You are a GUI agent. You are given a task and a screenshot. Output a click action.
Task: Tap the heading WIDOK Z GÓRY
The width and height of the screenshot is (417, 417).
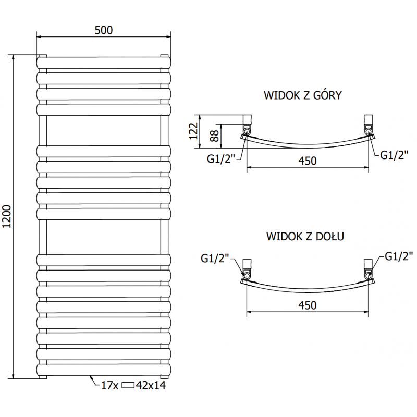[303, 95]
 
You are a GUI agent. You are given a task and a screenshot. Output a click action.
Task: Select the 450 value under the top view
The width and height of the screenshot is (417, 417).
[308, 161]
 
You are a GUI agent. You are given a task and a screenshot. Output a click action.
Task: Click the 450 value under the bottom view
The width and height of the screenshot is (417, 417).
[308, 305]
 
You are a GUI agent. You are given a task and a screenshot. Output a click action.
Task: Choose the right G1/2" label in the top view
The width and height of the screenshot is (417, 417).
[393, 155]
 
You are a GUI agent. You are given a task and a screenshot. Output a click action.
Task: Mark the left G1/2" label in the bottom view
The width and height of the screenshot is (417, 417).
[215, 258]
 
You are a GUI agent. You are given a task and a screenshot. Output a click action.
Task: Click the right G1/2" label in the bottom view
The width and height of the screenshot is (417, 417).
[399, 255]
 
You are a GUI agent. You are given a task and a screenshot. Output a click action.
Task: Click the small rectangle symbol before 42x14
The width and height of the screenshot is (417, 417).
[128, 386]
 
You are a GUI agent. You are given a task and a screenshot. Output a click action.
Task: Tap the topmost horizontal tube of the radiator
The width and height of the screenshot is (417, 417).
[103, 63]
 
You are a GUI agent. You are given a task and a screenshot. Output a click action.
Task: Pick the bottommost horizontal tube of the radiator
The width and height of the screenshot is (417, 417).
[103, 370]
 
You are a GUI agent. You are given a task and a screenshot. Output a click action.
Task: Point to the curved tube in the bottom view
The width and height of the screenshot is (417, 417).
[308, 289]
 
